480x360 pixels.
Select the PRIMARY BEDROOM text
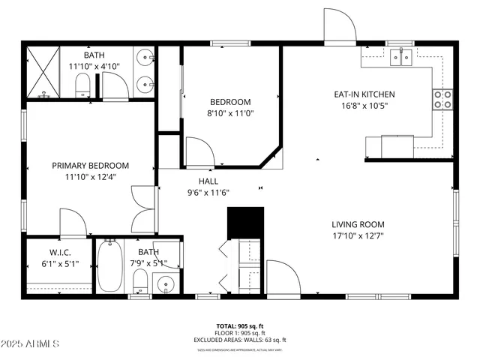90,166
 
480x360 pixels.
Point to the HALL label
208,181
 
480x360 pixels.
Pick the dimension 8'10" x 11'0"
230,113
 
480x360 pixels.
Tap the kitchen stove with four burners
442,99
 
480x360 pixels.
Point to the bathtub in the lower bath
109,266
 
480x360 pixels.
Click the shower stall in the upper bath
43,73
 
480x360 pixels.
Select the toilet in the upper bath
83,85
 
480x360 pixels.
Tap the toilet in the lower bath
139,282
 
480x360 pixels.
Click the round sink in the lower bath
165,284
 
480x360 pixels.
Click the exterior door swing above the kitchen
340,26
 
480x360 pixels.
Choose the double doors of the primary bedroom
143,208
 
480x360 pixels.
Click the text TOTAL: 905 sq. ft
240,325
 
